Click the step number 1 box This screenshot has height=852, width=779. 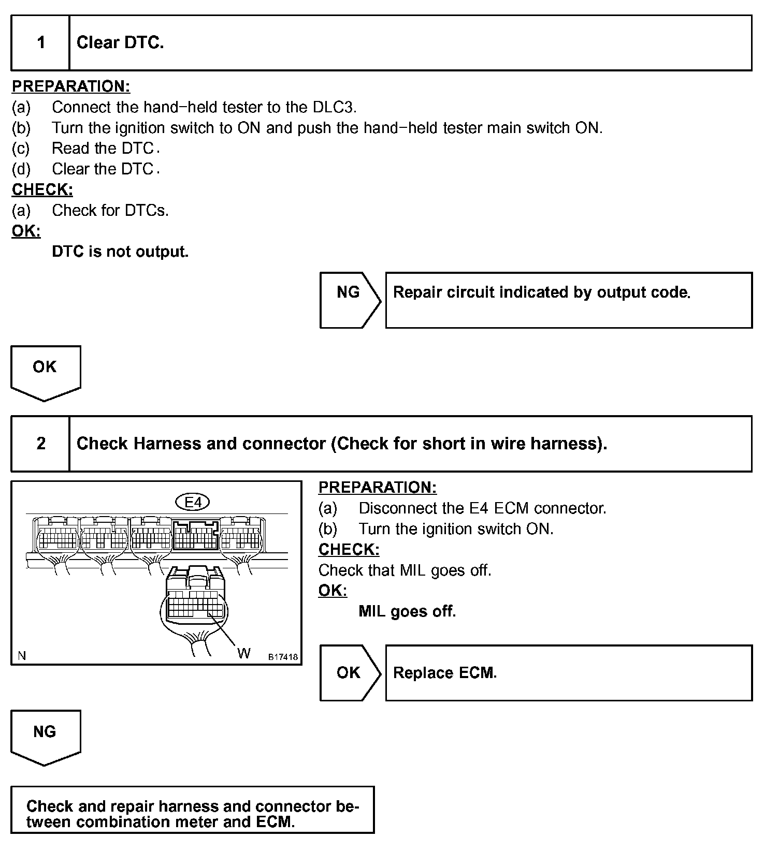[x=40, y=43]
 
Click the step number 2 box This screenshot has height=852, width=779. [x=40, y=444]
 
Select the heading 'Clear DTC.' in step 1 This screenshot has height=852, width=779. [x=120, y=43]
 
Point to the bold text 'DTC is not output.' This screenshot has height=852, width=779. [x=120, y=252]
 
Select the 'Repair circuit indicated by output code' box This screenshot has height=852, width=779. [x=568, y=300]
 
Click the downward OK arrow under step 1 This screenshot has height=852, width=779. [x=45, y=372]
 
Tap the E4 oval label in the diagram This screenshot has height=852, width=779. [x=193, y=502]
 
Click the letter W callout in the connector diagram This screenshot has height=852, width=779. [x=243, y=653]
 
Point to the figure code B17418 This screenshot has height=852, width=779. [x=283, y=657]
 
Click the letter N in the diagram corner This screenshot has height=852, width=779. [x=22, y=656]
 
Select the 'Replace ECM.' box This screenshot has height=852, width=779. [x=568, y=673]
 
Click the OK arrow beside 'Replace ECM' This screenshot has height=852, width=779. [x=349, y=672]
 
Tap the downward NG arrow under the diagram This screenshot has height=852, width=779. [x=45, y=736]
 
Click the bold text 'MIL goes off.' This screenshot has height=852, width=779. [x=407, y=611]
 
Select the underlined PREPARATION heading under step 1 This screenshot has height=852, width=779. [x=71, y=86]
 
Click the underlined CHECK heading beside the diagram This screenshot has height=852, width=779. [x=349, y=549]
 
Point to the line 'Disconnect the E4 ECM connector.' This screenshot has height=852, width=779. [x=482, y=508]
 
